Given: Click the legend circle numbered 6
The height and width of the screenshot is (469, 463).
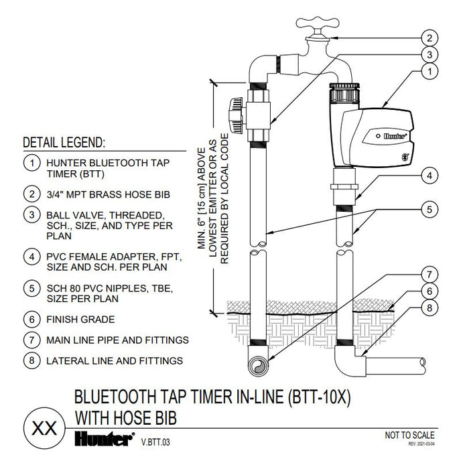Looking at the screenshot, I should coord(31,320).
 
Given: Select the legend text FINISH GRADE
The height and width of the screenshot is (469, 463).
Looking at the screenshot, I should coord(80,320).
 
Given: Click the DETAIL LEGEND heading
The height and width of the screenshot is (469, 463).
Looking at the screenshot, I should coord(64,143).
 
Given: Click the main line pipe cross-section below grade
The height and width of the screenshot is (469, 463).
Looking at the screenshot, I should coord(258,366).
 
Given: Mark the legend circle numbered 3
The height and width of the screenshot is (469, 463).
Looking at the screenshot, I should coord(31,216).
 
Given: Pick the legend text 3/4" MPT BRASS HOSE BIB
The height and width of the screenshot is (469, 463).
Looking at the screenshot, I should coord(107,195).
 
